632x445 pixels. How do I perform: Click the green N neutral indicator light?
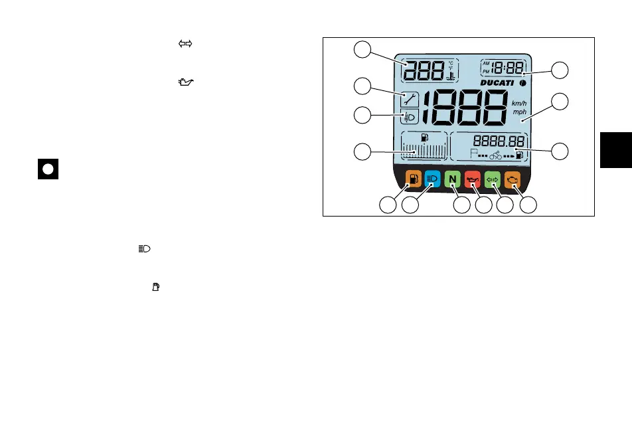tap(452, 179)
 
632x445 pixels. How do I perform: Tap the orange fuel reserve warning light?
tap(414, 179)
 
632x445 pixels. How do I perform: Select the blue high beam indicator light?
tap(432, 179)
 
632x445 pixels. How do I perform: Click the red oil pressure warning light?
tap(472, 179)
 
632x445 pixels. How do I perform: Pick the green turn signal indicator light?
tap(493, 179)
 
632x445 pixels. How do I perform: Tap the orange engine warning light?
tap(513, 179)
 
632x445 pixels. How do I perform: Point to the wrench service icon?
tap(410, 100)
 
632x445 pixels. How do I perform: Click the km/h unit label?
tap(519, 104)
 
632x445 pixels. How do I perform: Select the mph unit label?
tap(519, 112)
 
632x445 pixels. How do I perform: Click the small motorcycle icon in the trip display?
tap(495, 156)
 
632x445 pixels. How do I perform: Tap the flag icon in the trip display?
tap(474, 155)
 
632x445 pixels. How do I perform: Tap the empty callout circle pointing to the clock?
tap(561, 71)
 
